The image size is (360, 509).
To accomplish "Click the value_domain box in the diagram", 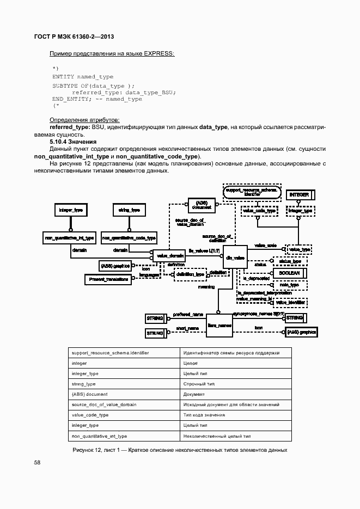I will [170, 255].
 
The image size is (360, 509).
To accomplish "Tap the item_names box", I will [219, 326].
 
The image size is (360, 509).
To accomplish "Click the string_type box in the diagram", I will [129, 210].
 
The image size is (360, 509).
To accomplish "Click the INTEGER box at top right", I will [300, 194].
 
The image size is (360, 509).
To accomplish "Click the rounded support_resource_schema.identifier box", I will [252, 192].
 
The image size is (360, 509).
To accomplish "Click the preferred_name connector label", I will [188, 314].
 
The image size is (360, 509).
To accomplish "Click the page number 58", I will [38, 462].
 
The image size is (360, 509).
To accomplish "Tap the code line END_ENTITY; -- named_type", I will [97, 99].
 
